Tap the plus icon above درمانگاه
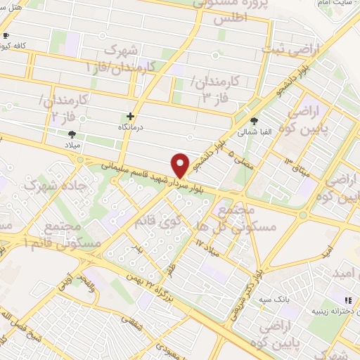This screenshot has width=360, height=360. click(x=130, y=116)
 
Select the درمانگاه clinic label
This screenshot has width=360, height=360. click(x=130, y=129)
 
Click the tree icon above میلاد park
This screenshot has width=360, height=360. click(x=72, y=134)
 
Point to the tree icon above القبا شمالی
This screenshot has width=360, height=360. click(x=254, y=120)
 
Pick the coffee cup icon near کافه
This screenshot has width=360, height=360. click(x=6, y=34)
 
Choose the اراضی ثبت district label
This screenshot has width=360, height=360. click(x=289, y=50)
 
